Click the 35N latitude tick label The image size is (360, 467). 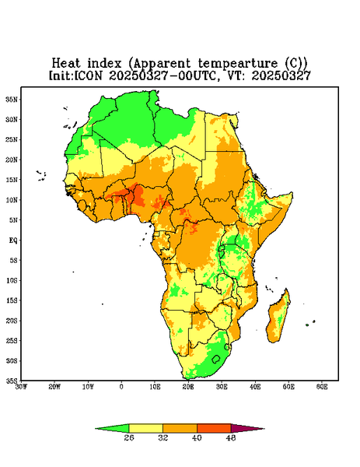point(12,99)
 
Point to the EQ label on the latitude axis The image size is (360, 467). point(13,240)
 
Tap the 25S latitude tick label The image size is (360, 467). point(12,340)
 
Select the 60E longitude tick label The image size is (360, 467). point(322,387)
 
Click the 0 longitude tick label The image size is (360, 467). point(121,387)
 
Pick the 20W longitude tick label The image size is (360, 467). point(54,387)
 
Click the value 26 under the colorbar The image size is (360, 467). point(129,437)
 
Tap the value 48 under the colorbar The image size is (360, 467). point(231,437)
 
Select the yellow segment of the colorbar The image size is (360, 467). point(145,428)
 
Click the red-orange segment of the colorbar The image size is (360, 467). point(214,428)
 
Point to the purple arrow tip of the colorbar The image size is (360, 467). point(264,429)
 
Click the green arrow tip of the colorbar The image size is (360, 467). point(96,429)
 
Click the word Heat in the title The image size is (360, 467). point(66,64)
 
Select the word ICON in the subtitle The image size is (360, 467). point(88,75)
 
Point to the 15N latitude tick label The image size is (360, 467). point(12,180)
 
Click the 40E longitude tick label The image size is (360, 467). point(255,387)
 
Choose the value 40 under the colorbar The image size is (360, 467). point(197,437)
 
